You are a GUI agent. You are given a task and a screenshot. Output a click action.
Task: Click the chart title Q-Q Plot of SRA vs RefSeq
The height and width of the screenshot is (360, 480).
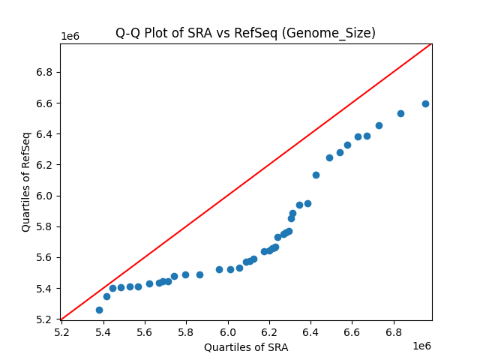coord(245,33)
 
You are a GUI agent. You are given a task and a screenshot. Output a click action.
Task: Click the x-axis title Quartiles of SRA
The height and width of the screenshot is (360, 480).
coord(246,347)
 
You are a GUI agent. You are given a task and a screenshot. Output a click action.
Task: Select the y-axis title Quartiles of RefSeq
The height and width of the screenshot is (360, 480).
coord(26,181)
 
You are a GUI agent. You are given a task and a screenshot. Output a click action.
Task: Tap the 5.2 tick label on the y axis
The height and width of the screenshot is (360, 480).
coord(46,319)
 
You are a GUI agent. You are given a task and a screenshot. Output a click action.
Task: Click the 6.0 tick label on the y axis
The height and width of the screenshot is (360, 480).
coord(46,196)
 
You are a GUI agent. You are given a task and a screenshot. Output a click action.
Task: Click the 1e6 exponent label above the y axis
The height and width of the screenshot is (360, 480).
coord(70,37)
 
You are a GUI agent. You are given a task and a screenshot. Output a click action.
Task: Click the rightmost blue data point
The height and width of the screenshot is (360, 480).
coord(425,103)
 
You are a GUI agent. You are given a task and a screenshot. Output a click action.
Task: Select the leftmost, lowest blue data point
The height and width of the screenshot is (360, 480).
coord(99,310)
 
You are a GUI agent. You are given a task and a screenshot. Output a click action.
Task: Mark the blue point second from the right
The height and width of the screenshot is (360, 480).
coord(400,113)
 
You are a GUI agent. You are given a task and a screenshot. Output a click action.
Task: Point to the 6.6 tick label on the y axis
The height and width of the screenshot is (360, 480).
coord(46,103)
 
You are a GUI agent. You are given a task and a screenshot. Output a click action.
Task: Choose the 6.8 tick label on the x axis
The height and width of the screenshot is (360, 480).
coord(394,331)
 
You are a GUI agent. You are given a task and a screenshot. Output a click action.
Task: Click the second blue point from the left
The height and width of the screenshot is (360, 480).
coord(106,296)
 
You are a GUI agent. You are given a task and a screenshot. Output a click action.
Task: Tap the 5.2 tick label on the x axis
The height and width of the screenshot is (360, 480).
coord(62,331)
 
